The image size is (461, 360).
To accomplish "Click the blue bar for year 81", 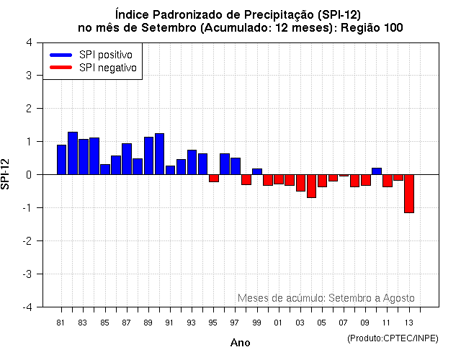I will tap(61, 160).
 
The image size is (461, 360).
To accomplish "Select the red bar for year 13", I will tap(409, 193).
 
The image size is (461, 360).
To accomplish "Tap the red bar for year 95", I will tap(214, 178).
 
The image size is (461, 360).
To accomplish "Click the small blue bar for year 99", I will tap(257, 171).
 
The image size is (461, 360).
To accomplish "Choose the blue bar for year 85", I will tap(105, 169).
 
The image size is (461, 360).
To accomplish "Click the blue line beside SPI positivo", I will tap(61, 55).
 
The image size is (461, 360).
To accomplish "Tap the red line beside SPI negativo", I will tap(61, 68).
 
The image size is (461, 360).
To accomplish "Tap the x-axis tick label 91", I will tap(170, 323).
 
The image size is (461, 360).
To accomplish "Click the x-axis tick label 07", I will tap(344, 323).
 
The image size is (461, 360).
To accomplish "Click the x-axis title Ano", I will tap(240, 343).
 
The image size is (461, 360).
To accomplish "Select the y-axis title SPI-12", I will tap(6, 174).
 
